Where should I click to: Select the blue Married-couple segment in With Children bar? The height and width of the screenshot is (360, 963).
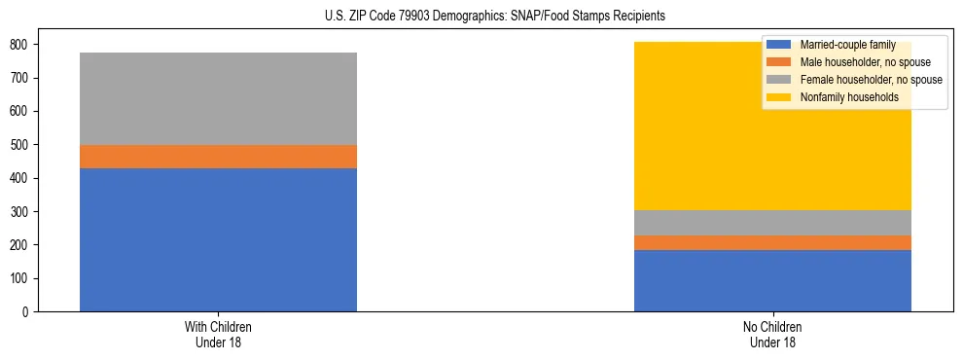(218, 239)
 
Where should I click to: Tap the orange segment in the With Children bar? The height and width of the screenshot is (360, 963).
(218, 157)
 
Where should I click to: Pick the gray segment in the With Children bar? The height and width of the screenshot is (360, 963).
(218, 98)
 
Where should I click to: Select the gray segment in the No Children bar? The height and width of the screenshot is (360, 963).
(772, 223)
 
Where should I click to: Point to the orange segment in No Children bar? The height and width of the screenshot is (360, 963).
(772, 242)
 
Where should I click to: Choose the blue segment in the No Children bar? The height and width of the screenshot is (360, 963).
(772, 280)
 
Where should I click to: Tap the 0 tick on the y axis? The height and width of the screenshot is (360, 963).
(27, 312)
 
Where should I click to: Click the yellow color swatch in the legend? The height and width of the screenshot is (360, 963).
(779, 97)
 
